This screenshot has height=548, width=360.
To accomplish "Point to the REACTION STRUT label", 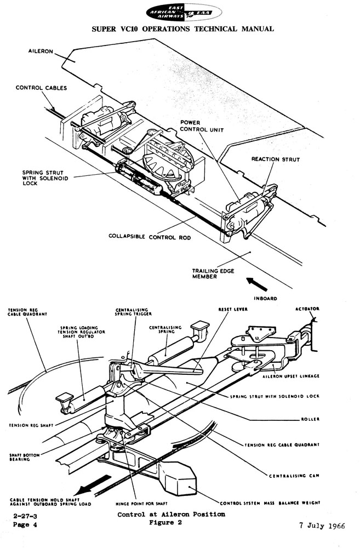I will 275,159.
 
